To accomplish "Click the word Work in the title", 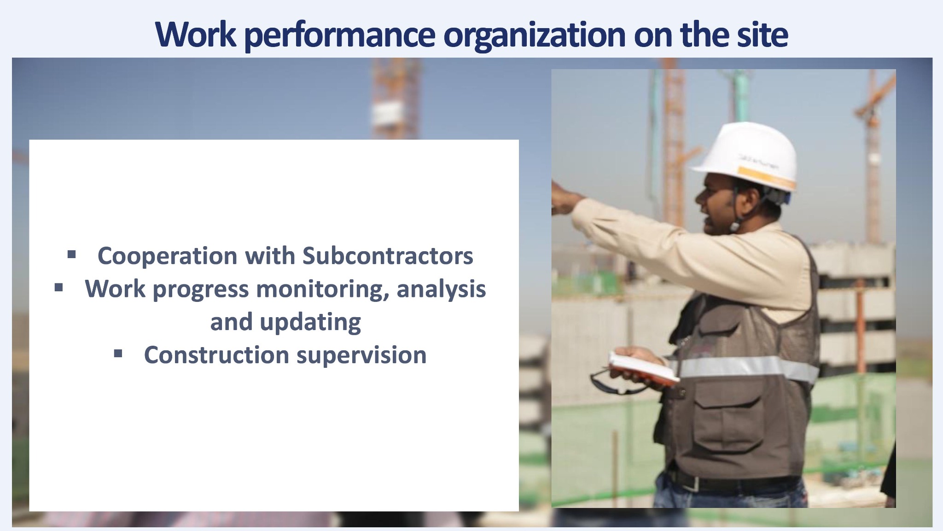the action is click(196, 34).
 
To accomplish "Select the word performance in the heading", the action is click(339, 36).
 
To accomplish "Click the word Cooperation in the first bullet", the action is click(168, 256).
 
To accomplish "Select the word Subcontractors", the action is click(388, 256).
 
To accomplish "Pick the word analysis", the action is click(441, 290).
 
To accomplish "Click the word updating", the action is click(310, 323).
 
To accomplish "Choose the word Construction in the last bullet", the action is click(216, 355).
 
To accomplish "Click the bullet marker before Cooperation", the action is click(71, 254).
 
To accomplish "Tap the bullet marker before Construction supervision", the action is click(118, 354).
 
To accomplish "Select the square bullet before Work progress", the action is click(58, 288).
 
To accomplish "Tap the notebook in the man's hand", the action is click(644, 367).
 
